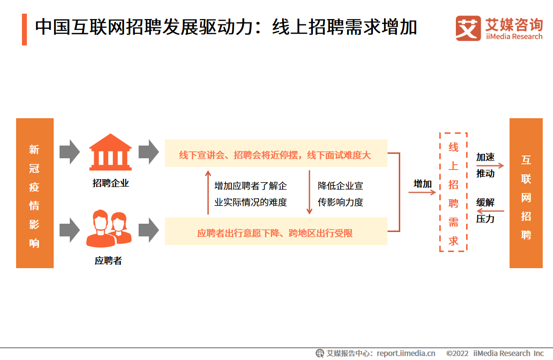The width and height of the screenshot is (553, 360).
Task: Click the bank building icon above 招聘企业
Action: (x=110, y=152)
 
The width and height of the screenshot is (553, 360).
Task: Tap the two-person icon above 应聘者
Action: (x=109, y=229)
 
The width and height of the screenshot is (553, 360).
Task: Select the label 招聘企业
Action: (x=110, y=183)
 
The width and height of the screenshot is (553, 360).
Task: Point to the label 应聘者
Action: (x=108, y=260)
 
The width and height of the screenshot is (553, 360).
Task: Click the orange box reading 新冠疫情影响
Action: (x=35, y=193)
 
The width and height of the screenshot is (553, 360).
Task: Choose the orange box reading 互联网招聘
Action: (x=526, y=193)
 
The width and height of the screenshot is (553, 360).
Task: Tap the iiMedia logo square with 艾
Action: (x=468, y=28)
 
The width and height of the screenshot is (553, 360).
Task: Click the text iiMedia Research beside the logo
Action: (x=514, y=37)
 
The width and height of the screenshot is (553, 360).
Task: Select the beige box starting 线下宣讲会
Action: (x=276, y=153)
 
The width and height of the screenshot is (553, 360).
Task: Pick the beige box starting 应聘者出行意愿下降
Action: (x=276, y=231)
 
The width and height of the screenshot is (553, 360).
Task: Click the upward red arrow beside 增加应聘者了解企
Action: (x=208, y=192)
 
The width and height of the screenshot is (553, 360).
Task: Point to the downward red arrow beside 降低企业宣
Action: (x=309, y=192)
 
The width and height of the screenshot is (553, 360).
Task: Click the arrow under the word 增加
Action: (x=422, y=192)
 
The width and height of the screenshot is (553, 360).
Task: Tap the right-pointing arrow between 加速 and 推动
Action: (x=490, y=165)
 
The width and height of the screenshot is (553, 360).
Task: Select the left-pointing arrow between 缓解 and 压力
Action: (x=490, y=211)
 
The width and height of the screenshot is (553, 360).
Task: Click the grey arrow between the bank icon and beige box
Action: (x=149, y=152)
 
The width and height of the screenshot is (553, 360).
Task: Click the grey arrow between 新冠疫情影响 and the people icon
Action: (x=70, y=230)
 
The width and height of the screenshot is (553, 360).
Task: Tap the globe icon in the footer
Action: (x=320, y=353)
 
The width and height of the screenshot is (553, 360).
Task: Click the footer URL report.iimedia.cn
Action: (x=406, y=353)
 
